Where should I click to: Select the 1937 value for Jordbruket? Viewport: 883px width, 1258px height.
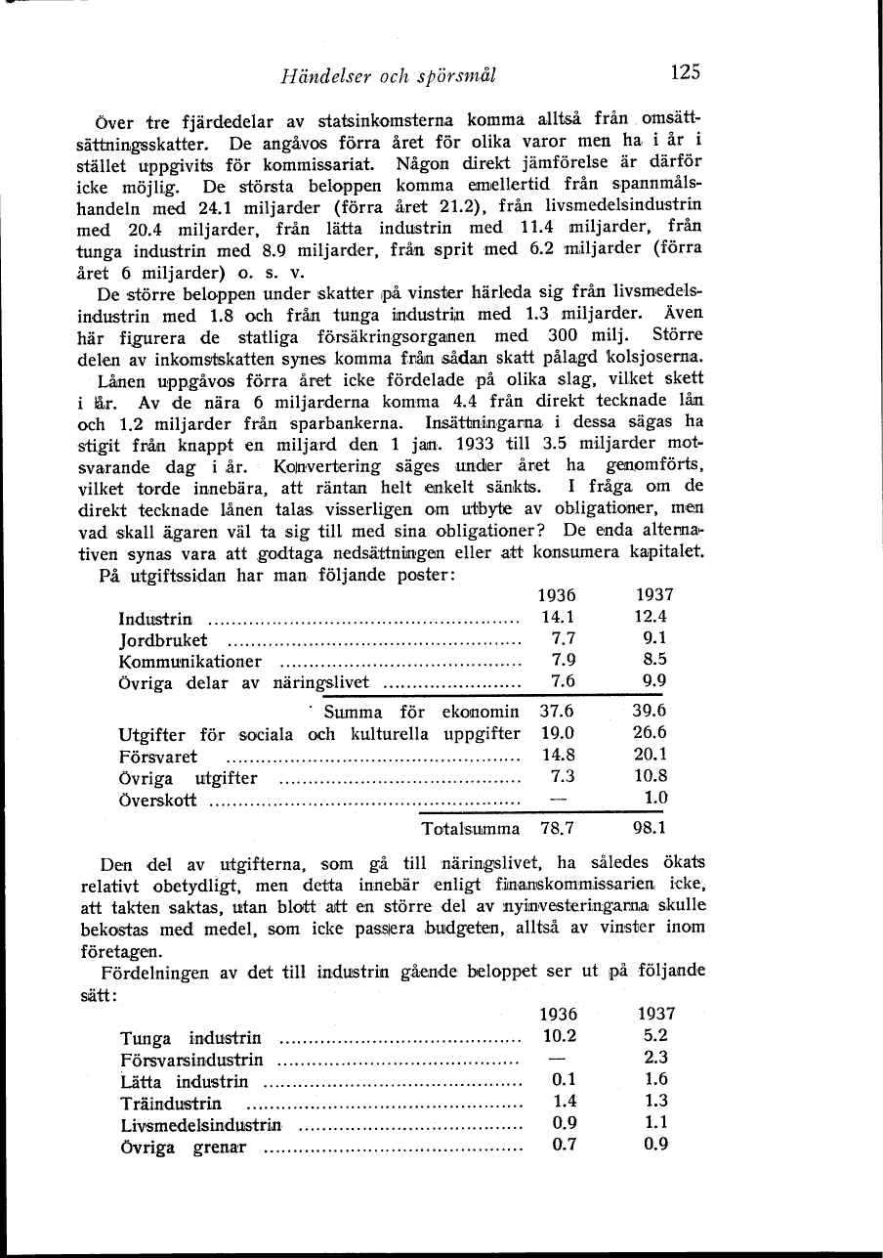650,639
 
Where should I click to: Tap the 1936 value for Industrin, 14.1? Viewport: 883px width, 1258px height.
558,618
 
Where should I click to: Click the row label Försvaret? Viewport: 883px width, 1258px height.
157,756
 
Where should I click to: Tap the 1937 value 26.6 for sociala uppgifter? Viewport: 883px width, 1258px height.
650,733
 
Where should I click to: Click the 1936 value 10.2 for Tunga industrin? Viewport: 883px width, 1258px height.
558,1036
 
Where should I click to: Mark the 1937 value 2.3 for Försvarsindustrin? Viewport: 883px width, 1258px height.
655,1058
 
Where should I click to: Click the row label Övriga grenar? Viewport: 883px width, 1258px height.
183,1146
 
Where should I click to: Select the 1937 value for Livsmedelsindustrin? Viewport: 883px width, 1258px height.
655,1123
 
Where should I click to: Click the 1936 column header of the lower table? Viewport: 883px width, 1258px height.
558,1015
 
